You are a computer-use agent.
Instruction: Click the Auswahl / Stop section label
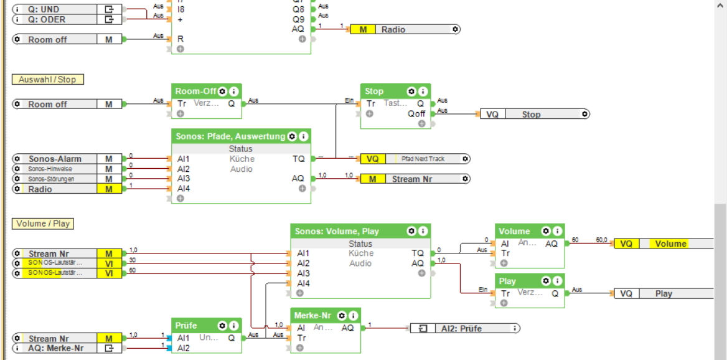point(47,80)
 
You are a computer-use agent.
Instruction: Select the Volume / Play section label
point(43,224)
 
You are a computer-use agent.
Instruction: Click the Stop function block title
point(374,91)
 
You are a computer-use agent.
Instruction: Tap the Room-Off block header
point(195,91)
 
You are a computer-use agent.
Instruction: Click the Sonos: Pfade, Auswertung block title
point(230,136)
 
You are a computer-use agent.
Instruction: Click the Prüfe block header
point(186,326)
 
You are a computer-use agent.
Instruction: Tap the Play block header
point(507,281)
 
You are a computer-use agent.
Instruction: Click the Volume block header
point(514,231)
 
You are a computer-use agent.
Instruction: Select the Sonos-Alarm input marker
point(55,159)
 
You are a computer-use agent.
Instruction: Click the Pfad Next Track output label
point(423,159)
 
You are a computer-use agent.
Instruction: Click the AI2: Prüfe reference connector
point(461,328)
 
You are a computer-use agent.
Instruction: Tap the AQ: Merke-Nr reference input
point(55,348)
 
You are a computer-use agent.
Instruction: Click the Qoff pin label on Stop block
point(416,113)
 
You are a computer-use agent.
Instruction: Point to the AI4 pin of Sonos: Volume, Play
point(303,283)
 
